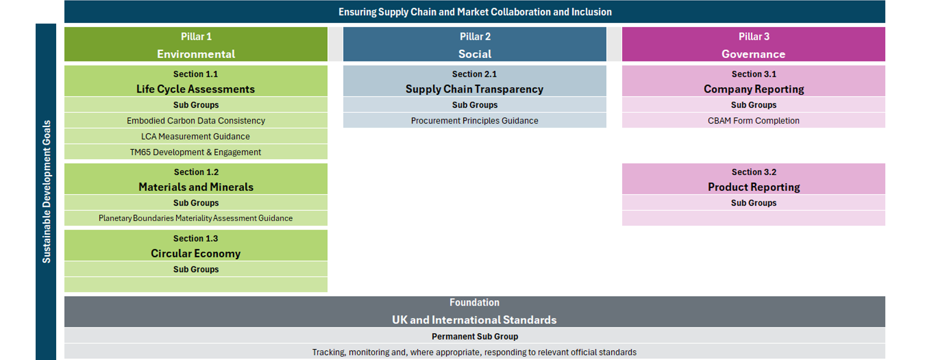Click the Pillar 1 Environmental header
coord(196,44)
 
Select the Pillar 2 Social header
coord(475,44)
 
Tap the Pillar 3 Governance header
coord(753,44)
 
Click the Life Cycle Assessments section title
coord(196,89)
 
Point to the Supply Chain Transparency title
coord(474,89)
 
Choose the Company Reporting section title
coord(754,89)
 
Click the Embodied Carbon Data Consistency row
coord(196,121)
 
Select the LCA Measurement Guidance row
coord(196,136)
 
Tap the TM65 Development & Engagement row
coord(196,152)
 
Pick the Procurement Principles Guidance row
coord(475,121)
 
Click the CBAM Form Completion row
coord(753,121)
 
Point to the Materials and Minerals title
coord(196,187)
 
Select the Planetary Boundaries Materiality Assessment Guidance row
coord(196,218)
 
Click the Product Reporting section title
coord(754,187)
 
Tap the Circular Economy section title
coord(196,253)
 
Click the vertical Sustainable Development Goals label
coord(46,191)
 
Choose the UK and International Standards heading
coord(474,320)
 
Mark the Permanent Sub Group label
coord(475,336)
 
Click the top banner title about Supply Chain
coord(475,12)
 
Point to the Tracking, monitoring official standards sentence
coord(474,352)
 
